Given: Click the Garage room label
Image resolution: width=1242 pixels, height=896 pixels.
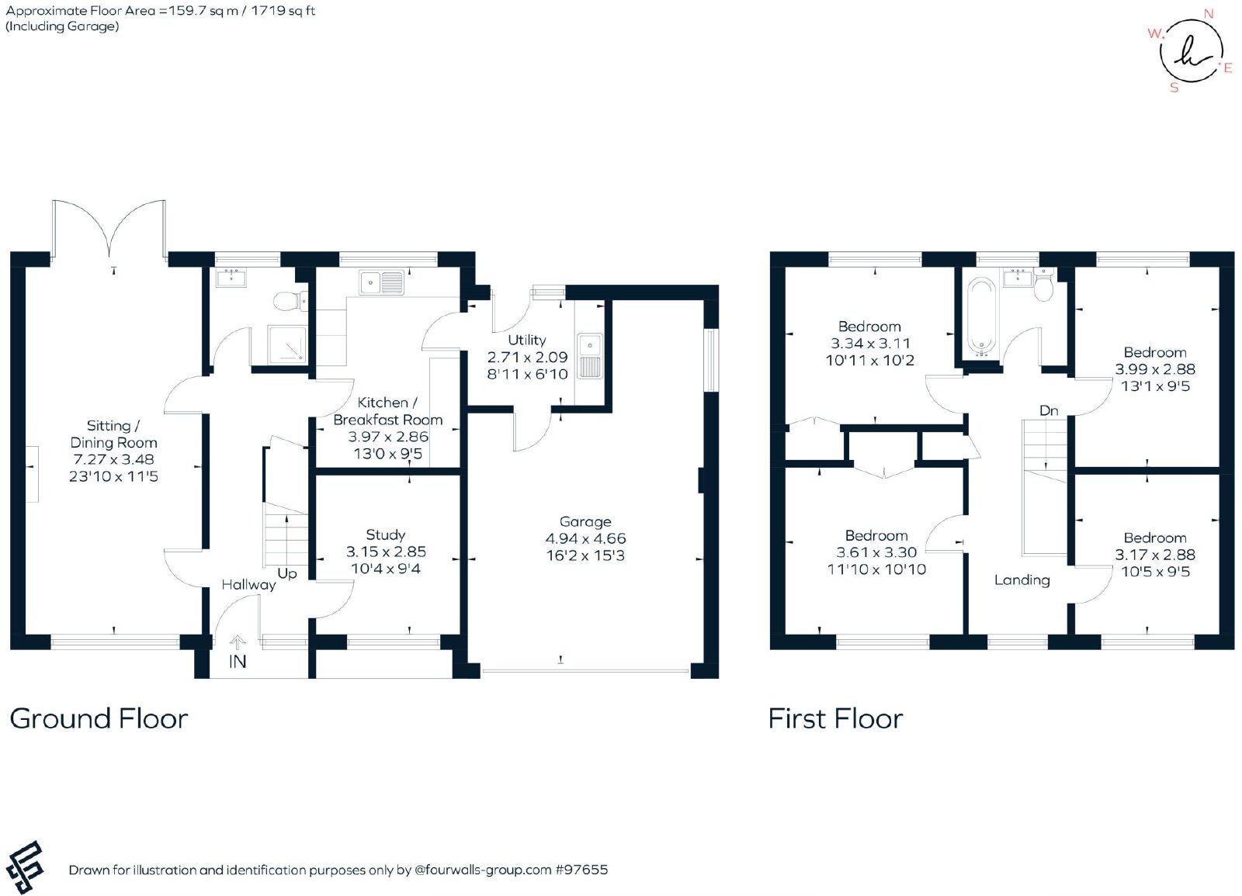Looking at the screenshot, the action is (585, 521).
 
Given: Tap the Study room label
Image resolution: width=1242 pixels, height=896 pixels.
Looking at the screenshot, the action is (385, 534).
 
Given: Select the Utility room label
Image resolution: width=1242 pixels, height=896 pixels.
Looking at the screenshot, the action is (527, 340).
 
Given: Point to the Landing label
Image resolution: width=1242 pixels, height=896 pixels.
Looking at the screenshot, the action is (1022, 580).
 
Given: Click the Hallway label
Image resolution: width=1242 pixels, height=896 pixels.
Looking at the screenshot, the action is (248, 585).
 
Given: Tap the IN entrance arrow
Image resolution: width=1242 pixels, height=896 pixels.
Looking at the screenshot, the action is (238, 643).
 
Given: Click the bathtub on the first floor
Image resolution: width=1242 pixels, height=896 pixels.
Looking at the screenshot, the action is (981, 316).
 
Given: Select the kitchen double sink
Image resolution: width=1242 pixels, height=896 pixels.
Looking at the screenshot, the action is (381, 283).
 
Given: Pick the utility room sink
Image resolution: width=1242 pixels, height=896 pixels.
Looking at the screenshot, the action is (589, 356).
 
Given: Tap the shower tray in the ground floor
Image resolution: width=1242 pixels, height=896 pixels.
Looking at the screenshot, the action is (286, 344).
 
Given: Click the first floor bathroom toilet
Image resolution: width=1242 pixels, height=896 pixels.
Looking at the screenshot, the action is (1043, 285).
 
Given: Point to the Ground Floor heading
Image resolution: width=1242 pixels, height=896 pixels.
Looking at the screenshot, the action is (99, 718).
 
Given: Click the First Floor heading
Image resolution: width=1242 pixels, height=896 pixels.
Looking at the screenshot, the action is (835, 718).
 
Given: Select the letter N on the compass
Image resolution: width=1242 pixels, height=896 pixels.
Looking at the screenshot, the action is (1209, 14).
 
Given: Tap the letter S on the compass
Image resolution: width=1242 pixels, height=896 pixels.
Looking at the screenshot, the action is (1174, 88).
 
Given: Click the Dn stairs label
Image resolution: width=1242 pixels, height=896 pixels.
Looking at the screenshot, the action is (1049, 410).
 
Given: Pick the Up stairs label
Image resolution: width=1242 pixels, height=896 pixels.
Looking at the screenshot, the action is (287, 574).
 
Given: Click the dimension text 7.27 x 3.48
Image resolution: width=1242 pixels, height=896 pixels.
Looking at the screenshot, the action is (113, 459).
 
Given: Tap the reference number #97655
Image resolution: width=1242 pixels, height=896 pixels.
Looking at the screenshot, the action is (581, 870).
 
